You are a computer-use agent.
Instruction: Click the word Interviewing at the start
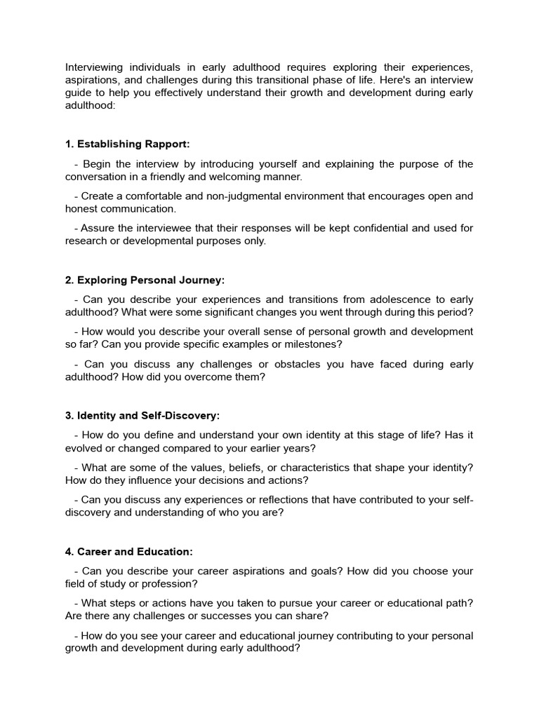tap(94, 67)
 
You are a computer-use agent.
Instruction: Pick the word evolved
tap(84, 448)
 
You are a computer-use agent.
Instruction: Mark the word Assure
tap(97, 228)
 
